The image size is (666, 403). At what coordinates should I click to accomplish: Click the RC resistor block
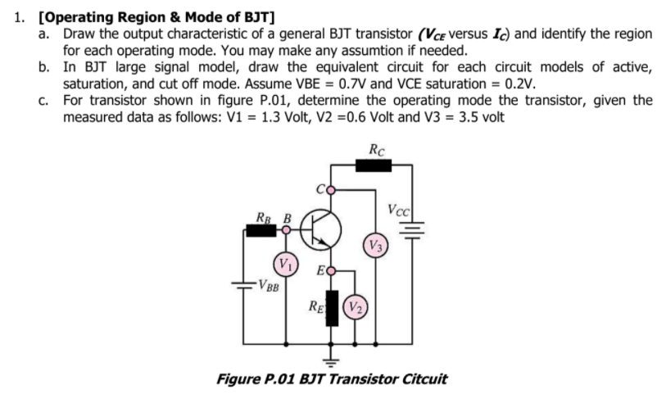(x=374, y=166)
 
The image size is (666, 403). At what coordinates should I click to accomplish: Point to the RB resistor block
(x=262, y=230)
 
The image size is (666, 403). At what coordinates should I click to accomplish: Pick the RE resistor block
(x=332, y=308)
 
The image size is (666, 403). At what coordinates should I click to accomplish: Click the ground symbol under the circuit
(x=332, y=360)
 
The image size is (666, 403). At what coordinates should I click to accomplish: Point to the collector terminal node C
(x=330, y=191)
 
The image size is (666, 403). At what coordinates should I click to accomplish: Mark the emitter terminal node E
(x=331, y=269)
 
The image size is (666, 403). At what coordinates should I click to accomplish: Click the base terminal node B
(x=286, y=230)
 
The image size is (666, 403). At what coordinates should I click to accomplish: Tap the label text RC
(x=374, y=150)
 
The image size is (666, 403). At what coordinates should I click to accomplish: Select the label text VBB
(x=268, y=287)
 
